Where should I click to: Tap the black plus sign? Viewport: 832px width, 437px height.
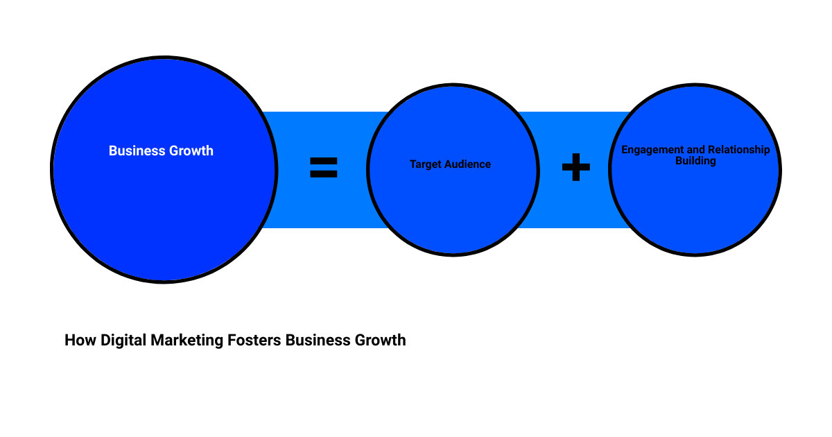pyautogui.click(x=575, y=167)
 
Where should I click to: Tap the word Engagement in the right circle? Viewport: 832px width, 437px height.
pyautogui.click(x=652, y=150)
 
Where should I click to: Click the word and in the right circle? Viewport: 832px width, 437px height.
pyautogui.click(x=695, y=150)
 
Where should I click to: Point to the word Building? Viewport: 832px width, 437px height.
pyautogui.click(x=695, y=161)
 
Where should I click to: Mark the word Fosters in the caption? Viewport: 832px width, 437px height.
pyautogui.click(x=256, y=341)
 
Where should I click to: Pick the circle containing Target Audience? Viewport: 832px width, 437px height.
pyautogui.click(x=453, y=208)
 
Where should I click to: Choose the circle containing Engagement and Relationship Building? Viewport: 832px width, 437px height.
pyautogui.click(x=695, y=208)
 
